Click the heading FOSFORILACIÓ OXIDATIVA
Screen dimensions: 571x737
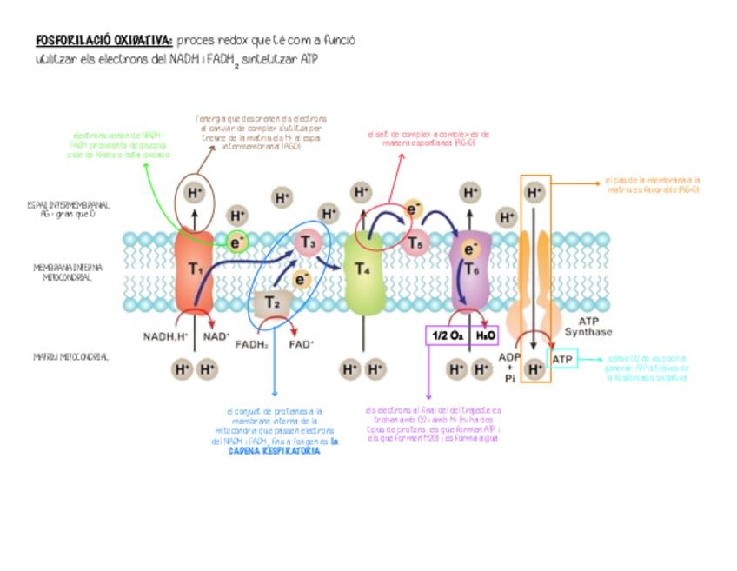(103, 41)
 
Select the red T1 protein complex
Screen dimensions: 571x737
(194, 269)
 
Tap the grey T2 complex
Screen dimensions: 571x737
(272, 302)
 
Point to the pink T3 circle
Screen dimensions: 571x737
(309, 242)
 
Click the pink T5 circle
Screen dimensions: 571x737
(416, 243)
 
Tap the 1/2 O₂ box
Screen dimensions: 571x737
(448, 335)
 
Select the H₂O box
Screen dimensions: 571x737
(485, 335)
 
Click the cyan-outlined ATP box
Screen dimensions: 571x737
(562, 358)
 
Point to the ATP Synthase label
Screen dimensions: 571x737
(588, 327)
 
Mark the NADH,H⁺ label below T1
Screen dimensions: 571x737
(165, 336)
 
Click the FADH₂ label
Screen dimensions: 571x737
(251, 343)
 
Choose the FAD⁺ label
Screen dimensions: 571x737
(301, 343)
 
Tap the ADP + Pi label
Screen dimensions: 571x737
(509, 368)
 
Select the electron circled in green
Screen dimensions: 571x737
(236, 242)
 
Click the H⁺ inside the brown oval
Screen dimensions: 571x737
(193, 192)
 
